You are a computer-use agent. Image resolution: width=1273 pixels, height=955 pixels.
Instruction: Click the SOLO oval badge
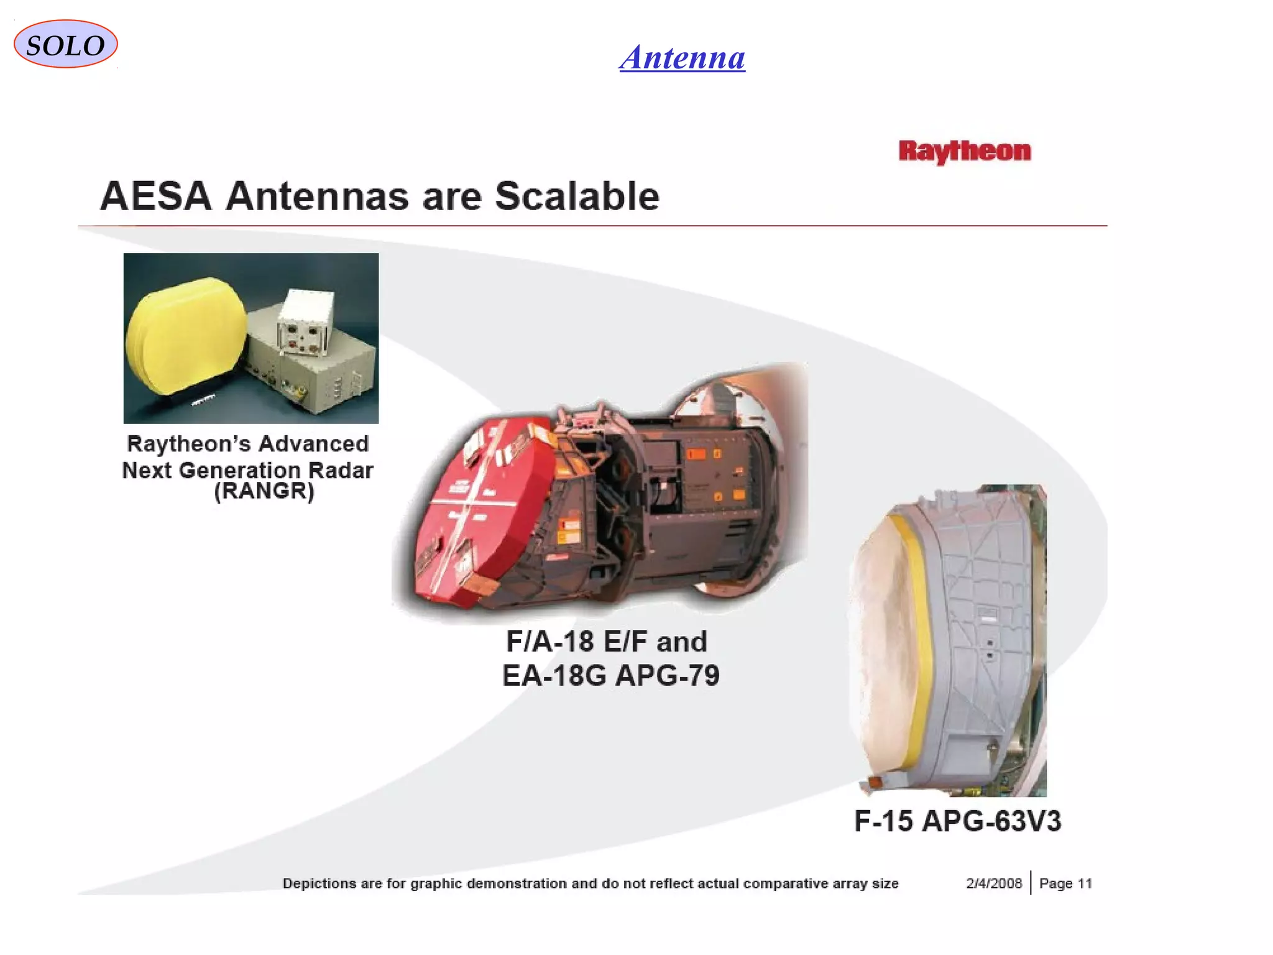(x=65, y=44)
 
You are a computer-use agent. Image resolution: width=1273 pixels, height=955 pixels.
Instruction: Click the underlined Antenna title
(x=682, y=58)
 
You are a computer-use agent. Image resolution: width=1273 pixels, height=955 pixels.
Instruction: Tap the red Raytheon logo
(x=964, y=151)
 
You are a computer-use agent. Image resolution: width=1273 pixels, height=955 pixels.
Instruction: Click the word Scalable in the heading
(x=576, y=196)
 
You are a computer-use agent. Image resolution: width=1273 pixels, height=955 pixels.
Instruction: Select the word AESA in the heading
(x=156, y=196)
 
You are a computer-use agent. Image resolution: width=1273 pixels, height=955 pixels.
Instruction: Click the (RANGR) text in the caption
(x=264, y=491)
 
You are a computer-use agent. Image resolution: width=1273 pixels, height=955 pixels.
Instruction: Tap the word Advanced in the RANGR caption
(x=313, y=444)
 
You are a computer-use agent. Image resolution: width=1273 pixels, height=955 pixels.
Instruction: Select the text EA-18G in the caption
(x=553, y=676)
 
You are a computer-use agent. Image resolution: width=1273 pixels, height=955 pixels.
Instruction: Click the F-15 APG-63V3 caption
(x=957, y=821)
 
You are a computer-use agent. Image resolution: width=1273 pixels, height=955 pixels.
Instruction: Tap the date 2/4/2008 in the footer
(x=993, y=883)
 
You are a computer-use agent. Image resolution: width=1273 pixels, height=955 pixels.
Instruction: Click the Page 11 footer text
(x=1065, y=883)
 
